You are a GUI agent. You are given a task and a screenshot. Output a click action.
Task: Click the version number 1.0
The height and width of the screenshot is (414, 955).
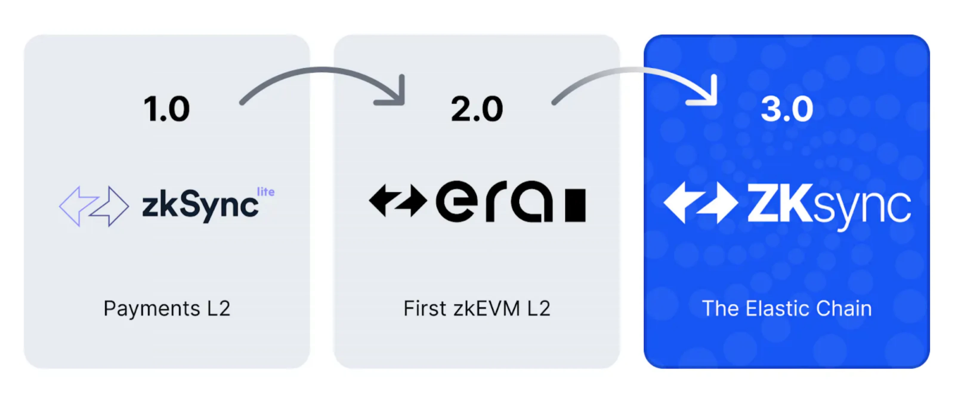pos(166,109)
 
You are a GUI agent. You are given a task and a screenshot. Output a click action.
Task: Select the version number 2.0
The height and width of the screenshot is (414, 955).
pos(477,109)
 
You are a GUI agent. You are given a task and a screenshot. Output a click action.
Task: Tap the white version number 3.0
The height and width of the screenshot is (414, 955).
pos(787,109)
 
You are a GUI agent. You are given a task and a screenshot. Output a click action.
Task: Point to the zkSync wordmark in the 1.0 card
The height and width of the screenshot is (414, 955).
pos(200,206)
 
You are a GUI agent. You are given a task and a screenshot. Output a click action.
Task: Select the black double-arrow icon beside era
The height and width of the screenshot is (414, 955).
pos(398,200)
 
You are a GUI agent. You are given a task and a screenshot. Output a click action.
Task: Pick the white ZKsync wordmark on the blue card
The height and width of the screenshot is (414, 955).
pos(829,206)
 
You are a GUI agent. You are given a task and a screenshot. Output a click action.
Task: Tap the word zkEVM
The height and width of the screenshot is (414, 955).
pos(486,308)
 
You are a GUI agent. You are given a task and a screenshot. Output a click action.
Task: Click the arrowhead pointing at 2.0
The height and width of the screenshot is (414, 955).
pos(395,95)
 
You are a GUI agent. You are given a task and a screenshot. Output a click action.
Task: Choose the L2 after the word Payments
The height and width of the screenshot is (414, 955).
pos(218,308)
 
